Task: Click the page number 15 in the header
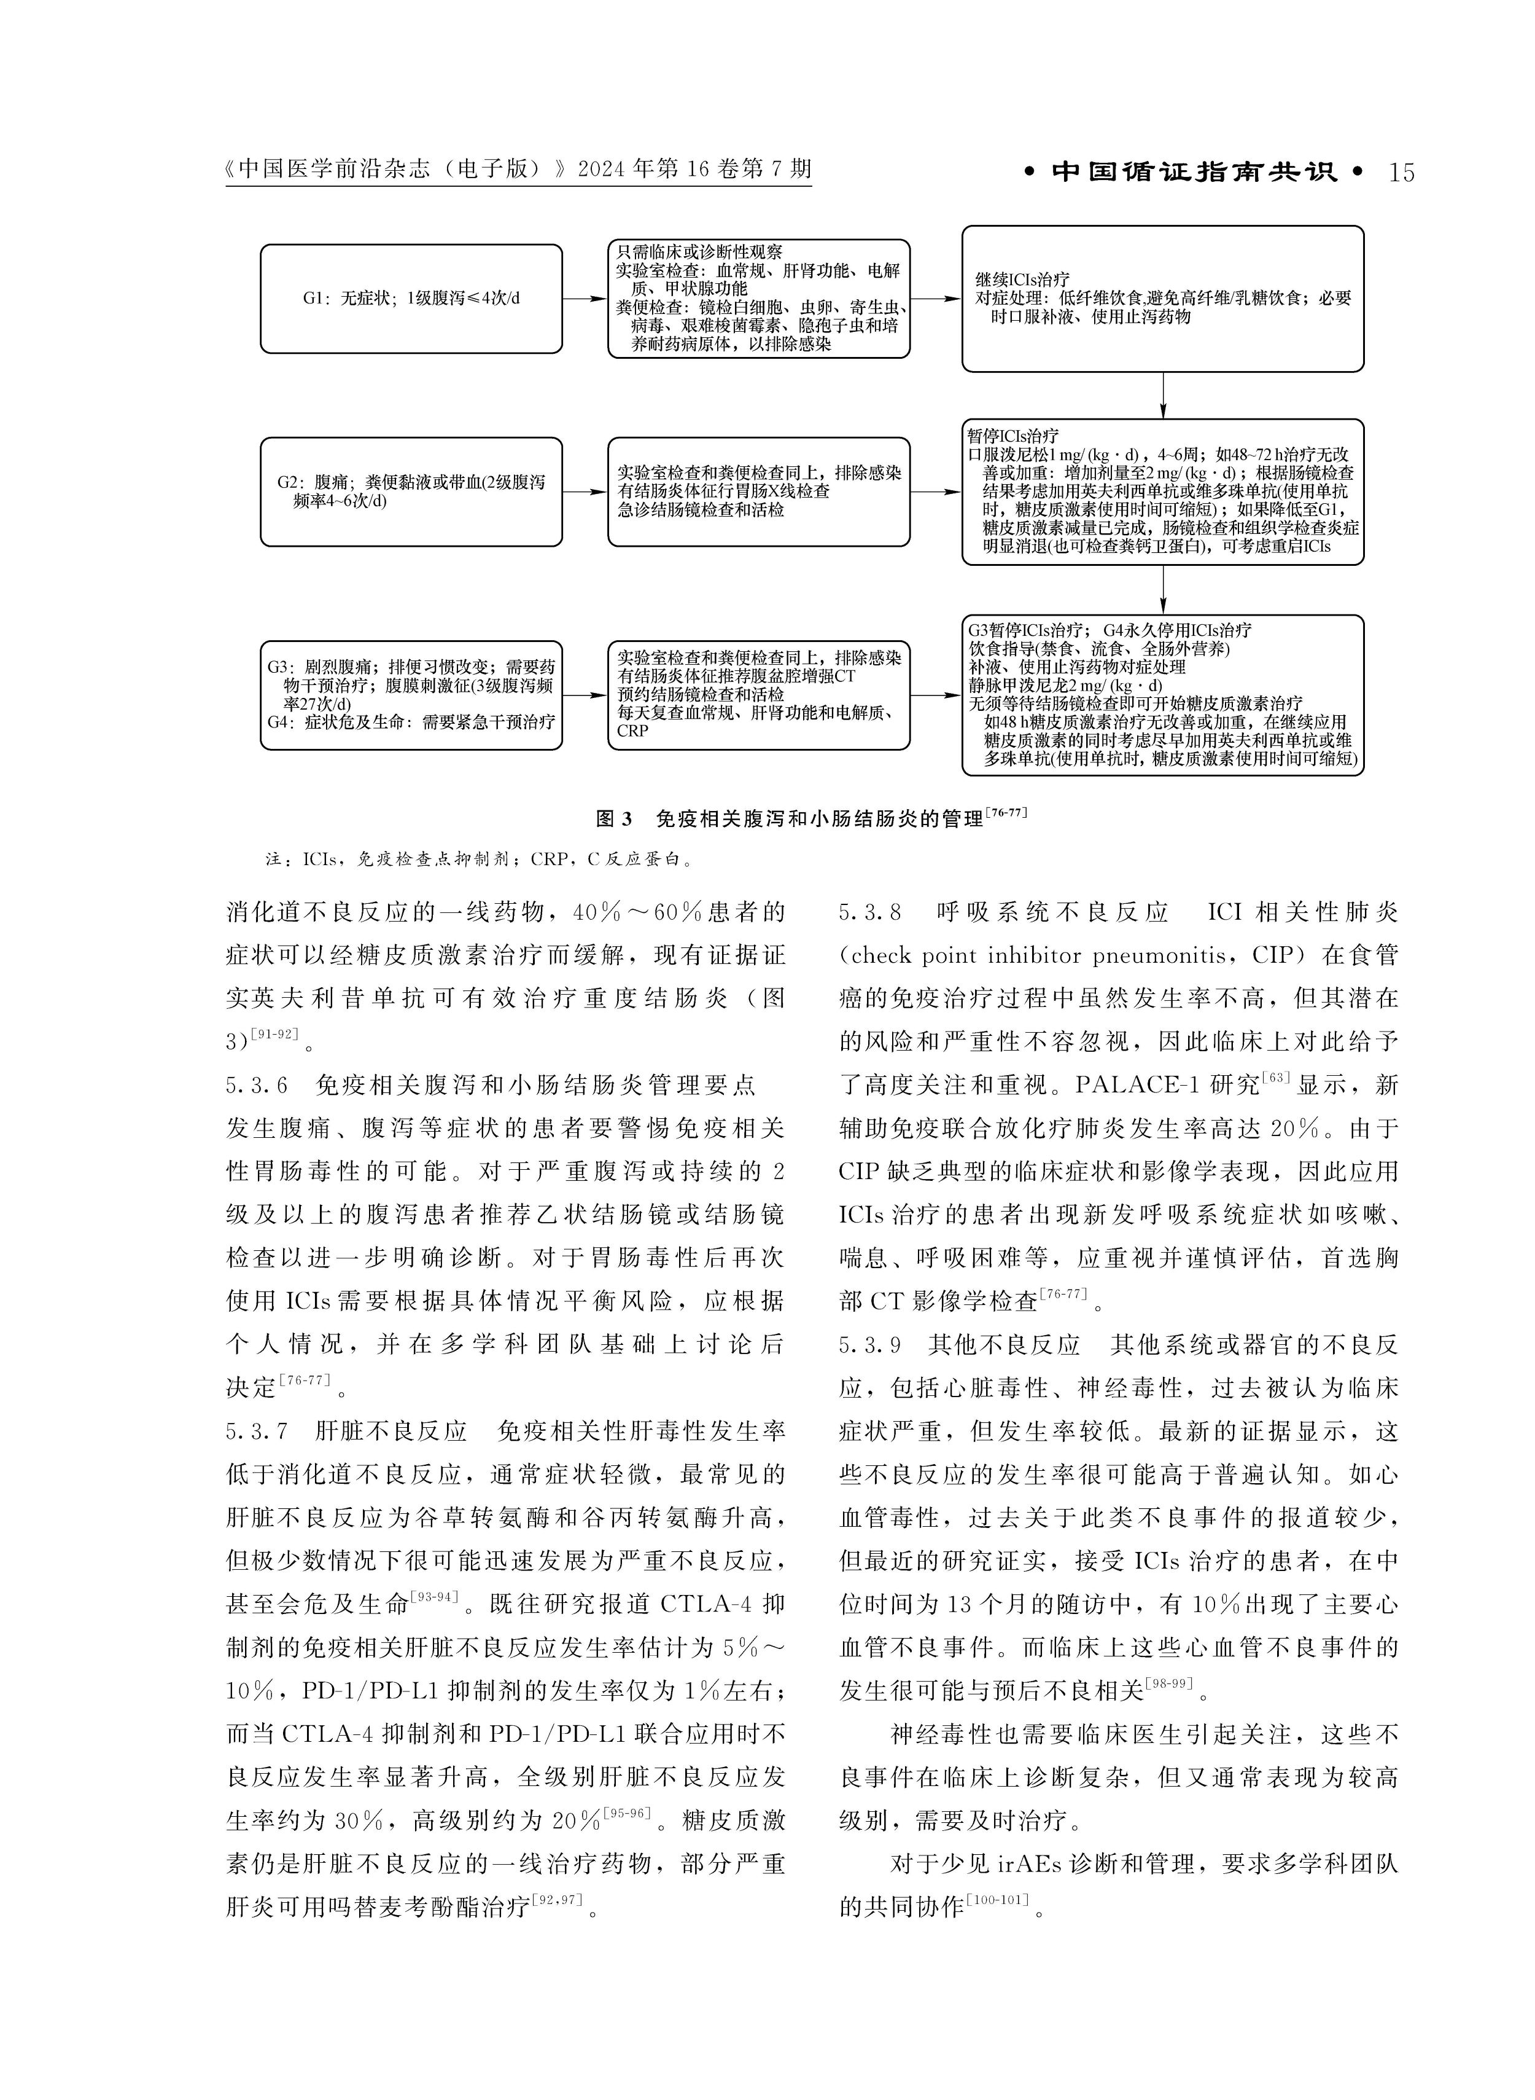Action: click(x=1401, y=173)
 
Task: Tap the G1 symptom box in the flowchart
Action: click(x=411, y=299)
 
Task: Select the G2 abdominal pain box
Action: click(x=411, y=492)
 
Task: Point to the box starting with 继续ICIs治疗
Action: click(x=1162, y=299)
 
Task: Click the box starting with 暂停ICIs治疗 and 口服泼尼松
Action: click(x=1162, y=492)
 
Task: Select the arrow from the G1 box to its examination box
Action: click(x=585, y=299)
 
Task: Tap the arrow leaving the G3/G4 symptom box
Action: click(x=585, y=695)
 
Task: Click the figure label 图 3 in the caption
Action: click(x=613, y=819)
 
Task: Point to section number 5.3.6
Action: click(x=257, y=1085)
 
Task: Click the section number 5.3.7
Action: click(x=257, y=1431)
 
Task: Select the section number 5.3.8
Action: click(x=869, y=912)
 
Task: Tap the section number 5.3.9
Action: click(x=869, y=1344)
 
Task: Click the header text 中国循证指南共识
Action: click(x=1194, y=173)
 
